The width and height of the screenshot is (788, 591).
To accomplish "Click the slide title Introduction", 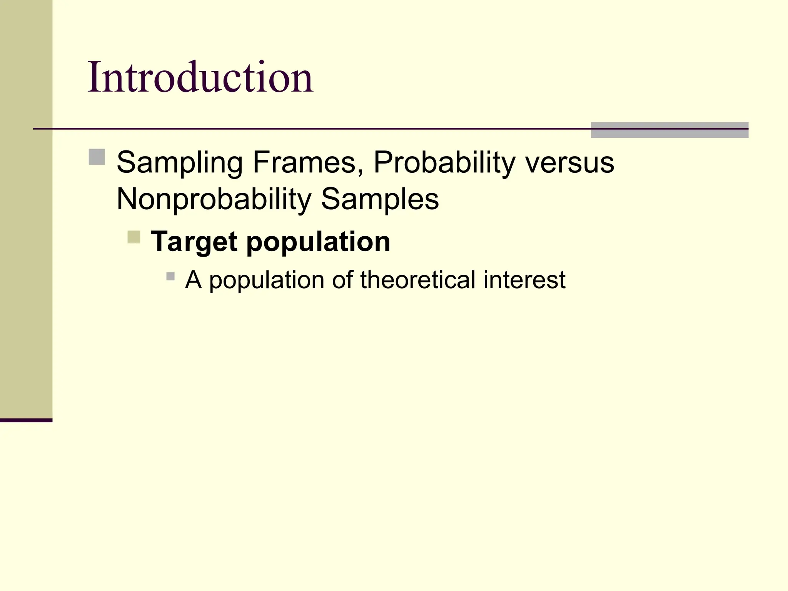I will tap(200, 78).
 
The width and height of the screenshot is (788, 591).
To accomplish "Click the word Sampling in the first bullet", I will tap(180, 163).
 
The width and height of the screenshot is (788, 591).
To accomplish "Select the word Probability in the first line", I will tap(444, 163).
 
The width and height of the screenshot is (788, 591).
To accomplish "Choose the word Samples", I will tap(380, 199).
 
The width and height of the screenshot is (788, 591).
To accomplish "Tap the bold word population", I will tap(318, 242).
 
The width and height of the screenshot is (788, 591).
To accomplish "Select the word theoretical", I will tap(418, 280).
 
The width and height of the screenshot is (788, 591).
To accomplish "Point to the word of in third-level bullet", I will tap(342, 280).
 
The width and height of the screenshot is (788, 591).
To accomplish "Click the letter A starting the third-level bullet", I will tap(193, 280).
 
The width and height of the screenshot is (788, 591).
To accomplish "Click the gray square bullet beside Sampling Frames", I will tap(97, 157).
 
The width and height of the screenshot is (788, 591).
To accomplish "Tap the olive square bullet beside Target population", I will tap(134, 237).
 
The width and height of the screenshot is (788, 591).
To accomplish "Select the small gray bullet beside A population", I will tap(170, 276).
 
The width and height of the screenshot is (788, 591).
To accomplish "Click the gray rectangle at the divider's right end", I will tap(669, 130).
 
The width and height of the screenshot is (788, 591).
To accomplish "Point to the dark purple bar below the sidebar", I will tap(26, 420).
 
